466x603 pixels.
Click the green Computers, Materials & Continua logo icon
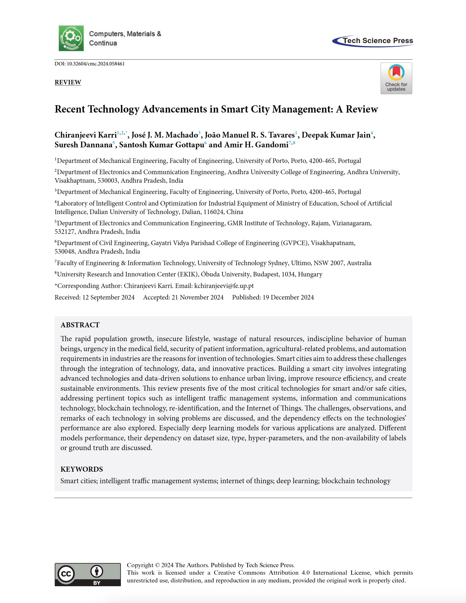[71, 38]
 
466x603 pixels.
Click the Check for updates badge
[396, 78]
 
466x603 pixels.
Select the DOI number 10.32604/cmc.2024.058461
[95, 64]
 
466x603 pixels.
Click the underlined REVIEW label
[68, 82]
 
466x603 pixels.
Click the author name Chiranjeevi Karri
[86, 135]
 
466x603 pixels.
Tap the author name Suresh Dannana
[83, 145]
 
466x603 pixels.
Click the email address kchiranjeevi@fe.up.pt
[224, 286]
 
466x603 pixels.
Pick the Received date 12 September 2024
[108, 297]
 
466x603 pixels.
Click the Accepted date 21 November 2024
[197, 297]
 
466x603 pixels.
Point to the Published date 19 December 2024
[288, 297]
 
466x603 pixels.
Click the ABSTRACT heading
[80, 325]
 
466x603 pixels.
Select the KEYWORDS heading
[82, 469]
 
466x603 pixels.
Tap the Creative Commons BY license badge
[88, 575]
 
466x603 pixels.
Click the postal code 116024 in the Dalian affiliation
[214, 212]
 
